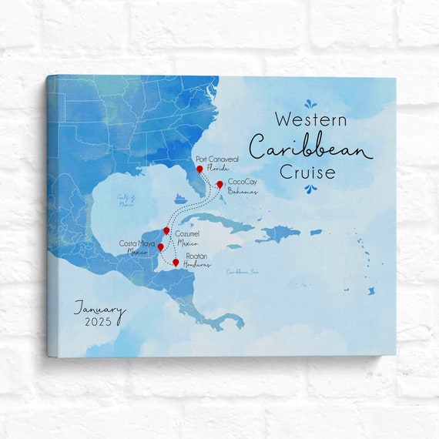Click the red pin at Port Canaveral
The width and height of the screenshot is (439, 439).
[199, 169]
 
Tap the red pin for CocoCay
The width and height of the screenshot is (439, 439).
[219, 184]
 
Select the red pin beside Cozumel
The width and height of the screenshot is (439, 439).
[166, 230]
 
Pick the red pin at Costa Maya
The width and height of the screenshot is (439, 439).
[160, 247]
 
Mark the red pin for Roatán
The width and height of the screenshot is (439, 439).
[176, 263]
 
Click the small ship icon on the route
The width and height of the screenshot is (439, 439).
[179, 198]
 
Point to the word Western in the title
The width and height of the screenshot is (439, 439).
[310, 120]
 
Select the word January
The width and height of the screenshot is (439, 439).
[98, 307]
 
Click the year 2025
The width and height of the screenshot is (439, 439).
[99, 322]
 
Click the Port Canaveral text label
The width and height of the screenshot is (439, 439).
[217, 159]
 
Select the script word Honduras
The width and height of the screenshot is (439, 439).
[197, 264]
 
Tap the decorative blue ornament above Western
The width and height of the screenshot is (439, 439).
[310, 103]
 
